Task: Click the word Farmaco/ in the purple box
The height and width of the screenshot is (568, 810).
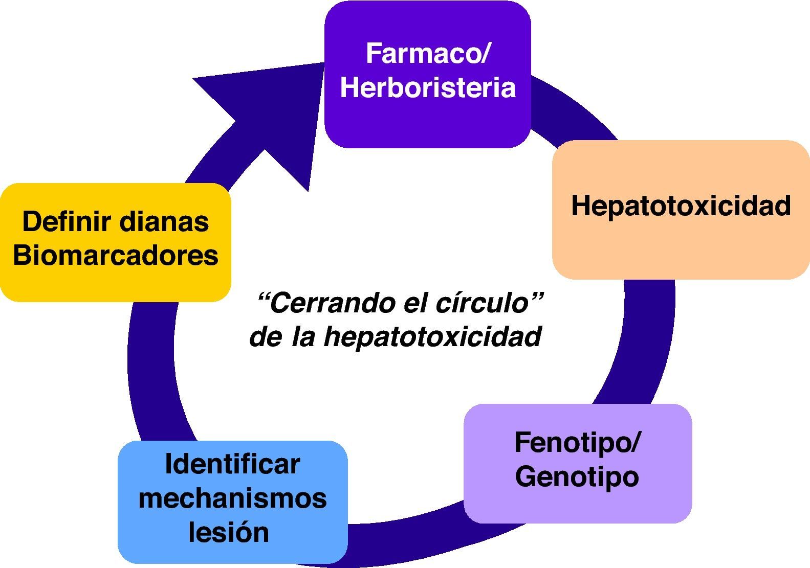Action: [428, 54]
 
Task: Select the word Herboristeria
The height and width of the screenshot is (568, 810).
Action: [428, 87]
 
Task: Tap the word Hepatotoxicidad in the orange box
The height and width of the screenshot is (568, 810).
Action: [681, 206]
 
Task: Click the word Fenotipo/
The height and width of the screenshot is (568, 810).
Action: [577, 442]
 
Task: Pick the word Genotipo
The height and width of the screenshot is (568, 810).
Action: [577, 476]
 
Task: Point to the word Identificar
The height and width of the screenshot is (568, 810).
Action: [232, 464]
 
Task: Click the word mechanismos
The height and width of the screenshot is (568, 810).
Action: [232, 498]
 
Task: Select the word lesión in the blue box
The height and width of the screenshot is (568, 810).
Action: [229, 532]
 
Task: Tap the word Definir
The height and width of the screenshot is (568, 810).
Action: [67, 222]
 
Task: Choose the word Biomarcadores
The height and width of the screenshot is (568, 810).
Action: [116, 255]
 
